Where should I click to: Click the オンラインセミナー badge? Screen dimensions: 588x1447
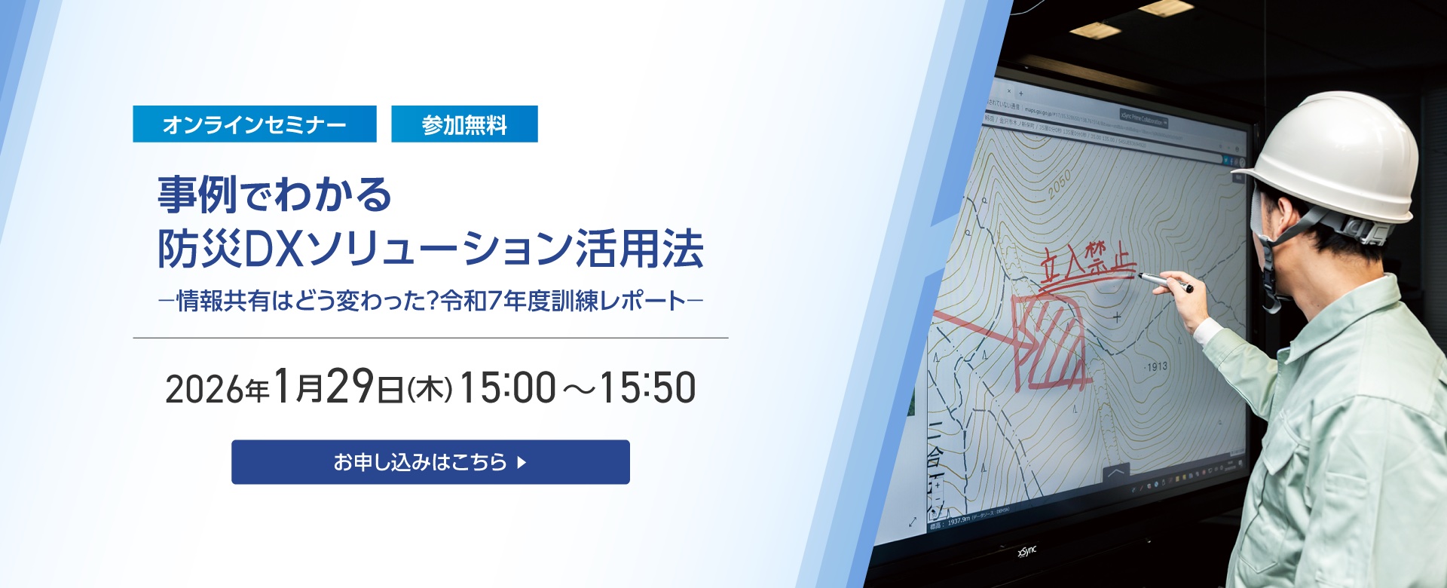pyautogui.click(x=254, y=124)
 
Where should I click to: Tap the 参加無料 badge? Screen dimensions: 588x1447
pyautogui.click(x=464, y=124)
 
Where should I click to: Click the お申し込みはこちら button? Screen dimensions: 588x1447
pyautogui.click(x=430, y=461)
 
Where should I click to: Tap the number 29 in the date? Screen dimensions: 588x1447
pyautogui.click(x=350, y=387)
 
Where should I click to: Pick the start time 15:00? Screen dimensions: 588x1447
pyautogui.click(x=507, y=388)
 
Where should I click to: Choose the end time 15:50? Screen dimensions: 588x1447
pyautogui.click(x=647, y=388)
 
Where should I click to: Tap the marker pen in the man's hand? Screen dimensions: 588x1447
pyautogui.click(x=1165, y=282)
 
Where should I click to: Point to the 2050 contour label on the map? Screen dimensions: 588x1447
pyautogui.click(x=1058, y=184)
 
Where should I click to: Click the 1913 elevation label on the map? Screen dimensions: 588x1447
pyautogui.click(x=1156, y=367)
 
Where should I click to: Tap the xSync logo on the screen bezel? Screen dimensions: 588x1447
pyautogui.click(x=1027, y=553)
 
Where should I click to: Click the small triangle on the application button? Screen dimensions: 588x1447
pyautogui.click(x=522, y=462)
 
